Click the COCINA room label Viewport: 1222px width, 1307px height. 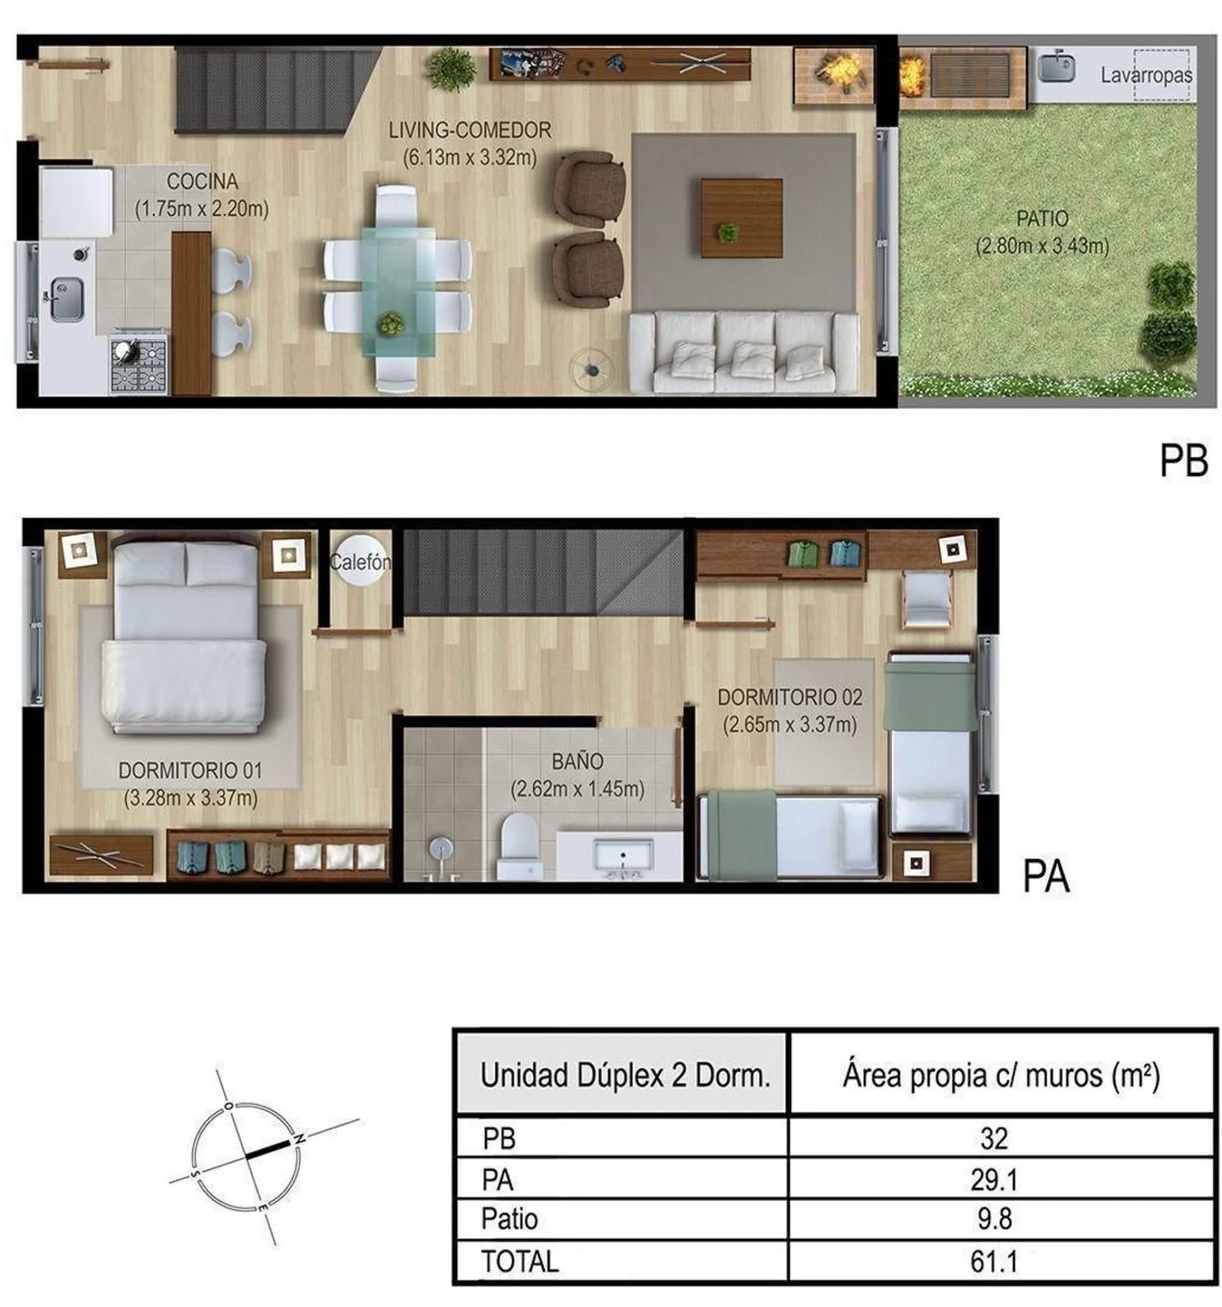click(202, 182)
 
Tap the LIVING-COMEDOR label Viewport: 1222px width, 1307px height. click(470, 130)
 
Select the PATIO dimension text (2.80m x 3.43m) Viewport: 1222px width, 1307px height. click(1042, 245)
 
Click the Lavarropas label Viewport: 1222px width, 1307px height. click(1146, 75)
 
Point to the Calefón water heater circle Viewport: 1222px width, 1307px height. click(360, 561)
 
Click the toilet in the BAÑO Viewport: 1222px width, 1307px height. click(519, 848)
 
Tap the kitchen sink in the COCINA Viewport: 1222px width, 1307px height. click(66, 298)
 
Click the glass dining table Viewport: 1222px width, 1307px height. click(398, 291)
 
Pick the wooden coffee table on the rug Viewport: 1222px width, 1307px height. click(741, 218)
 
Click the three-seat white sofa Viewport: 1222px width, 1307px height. click(743, 353)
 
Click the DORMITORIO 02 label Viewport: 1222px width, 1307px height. click(790, 697)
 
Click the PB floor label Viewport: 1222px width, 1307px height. click(1184, 461)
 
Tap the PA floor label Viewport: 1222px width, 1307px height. click(1046, 877)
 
